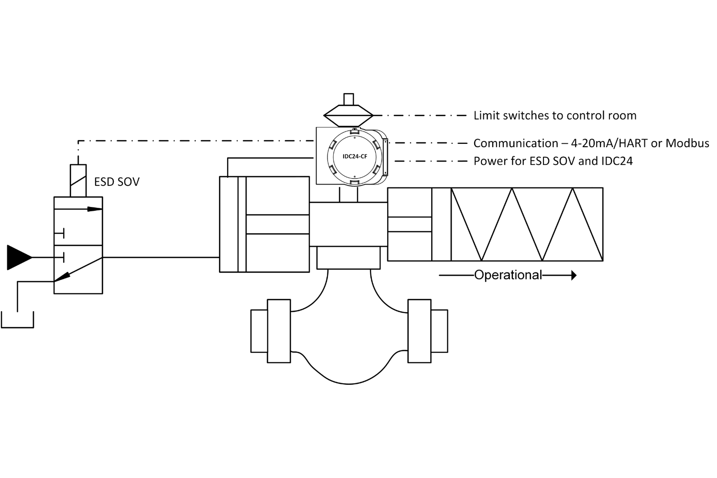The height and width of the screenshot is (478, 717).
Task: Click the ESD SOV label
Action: click(117, 182)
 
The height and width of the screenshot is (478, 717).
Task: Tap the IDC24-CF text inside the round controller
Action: click(355, 157)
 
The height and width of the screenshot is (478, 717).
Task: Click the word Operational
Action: click(508, 275)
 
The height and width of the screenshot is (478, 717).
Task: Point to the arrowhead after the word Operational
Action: click(574, 275)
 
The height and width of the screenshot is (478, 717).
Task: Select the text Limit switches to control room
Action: click(555, 116)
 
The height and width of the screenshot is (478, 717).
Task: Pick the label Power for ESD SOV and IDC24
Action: click(553, 161)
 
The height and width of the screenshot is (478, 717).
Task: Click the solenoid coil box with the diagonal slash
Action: click(78, 181)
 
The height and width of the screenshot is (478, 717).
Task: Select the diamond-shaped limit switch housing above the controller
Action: click(348, 115)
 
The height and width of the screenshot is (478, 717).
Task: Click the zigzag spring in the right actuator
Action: click(527, 224)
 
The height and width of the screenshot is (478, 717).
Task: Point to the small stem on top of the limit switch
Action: click(348, 99)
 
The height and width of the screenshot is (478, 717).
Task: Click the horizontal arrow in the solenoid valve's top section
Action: click(78, 209)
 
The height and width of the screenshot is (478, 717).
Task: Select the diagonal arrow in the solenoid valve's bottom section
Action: click(78, 269)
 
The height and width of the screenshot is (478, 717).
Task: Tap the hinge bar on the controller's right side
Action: click(385, 157)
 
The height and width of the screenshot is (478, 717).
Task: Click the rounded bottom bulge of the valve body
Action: click(349, 383)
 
